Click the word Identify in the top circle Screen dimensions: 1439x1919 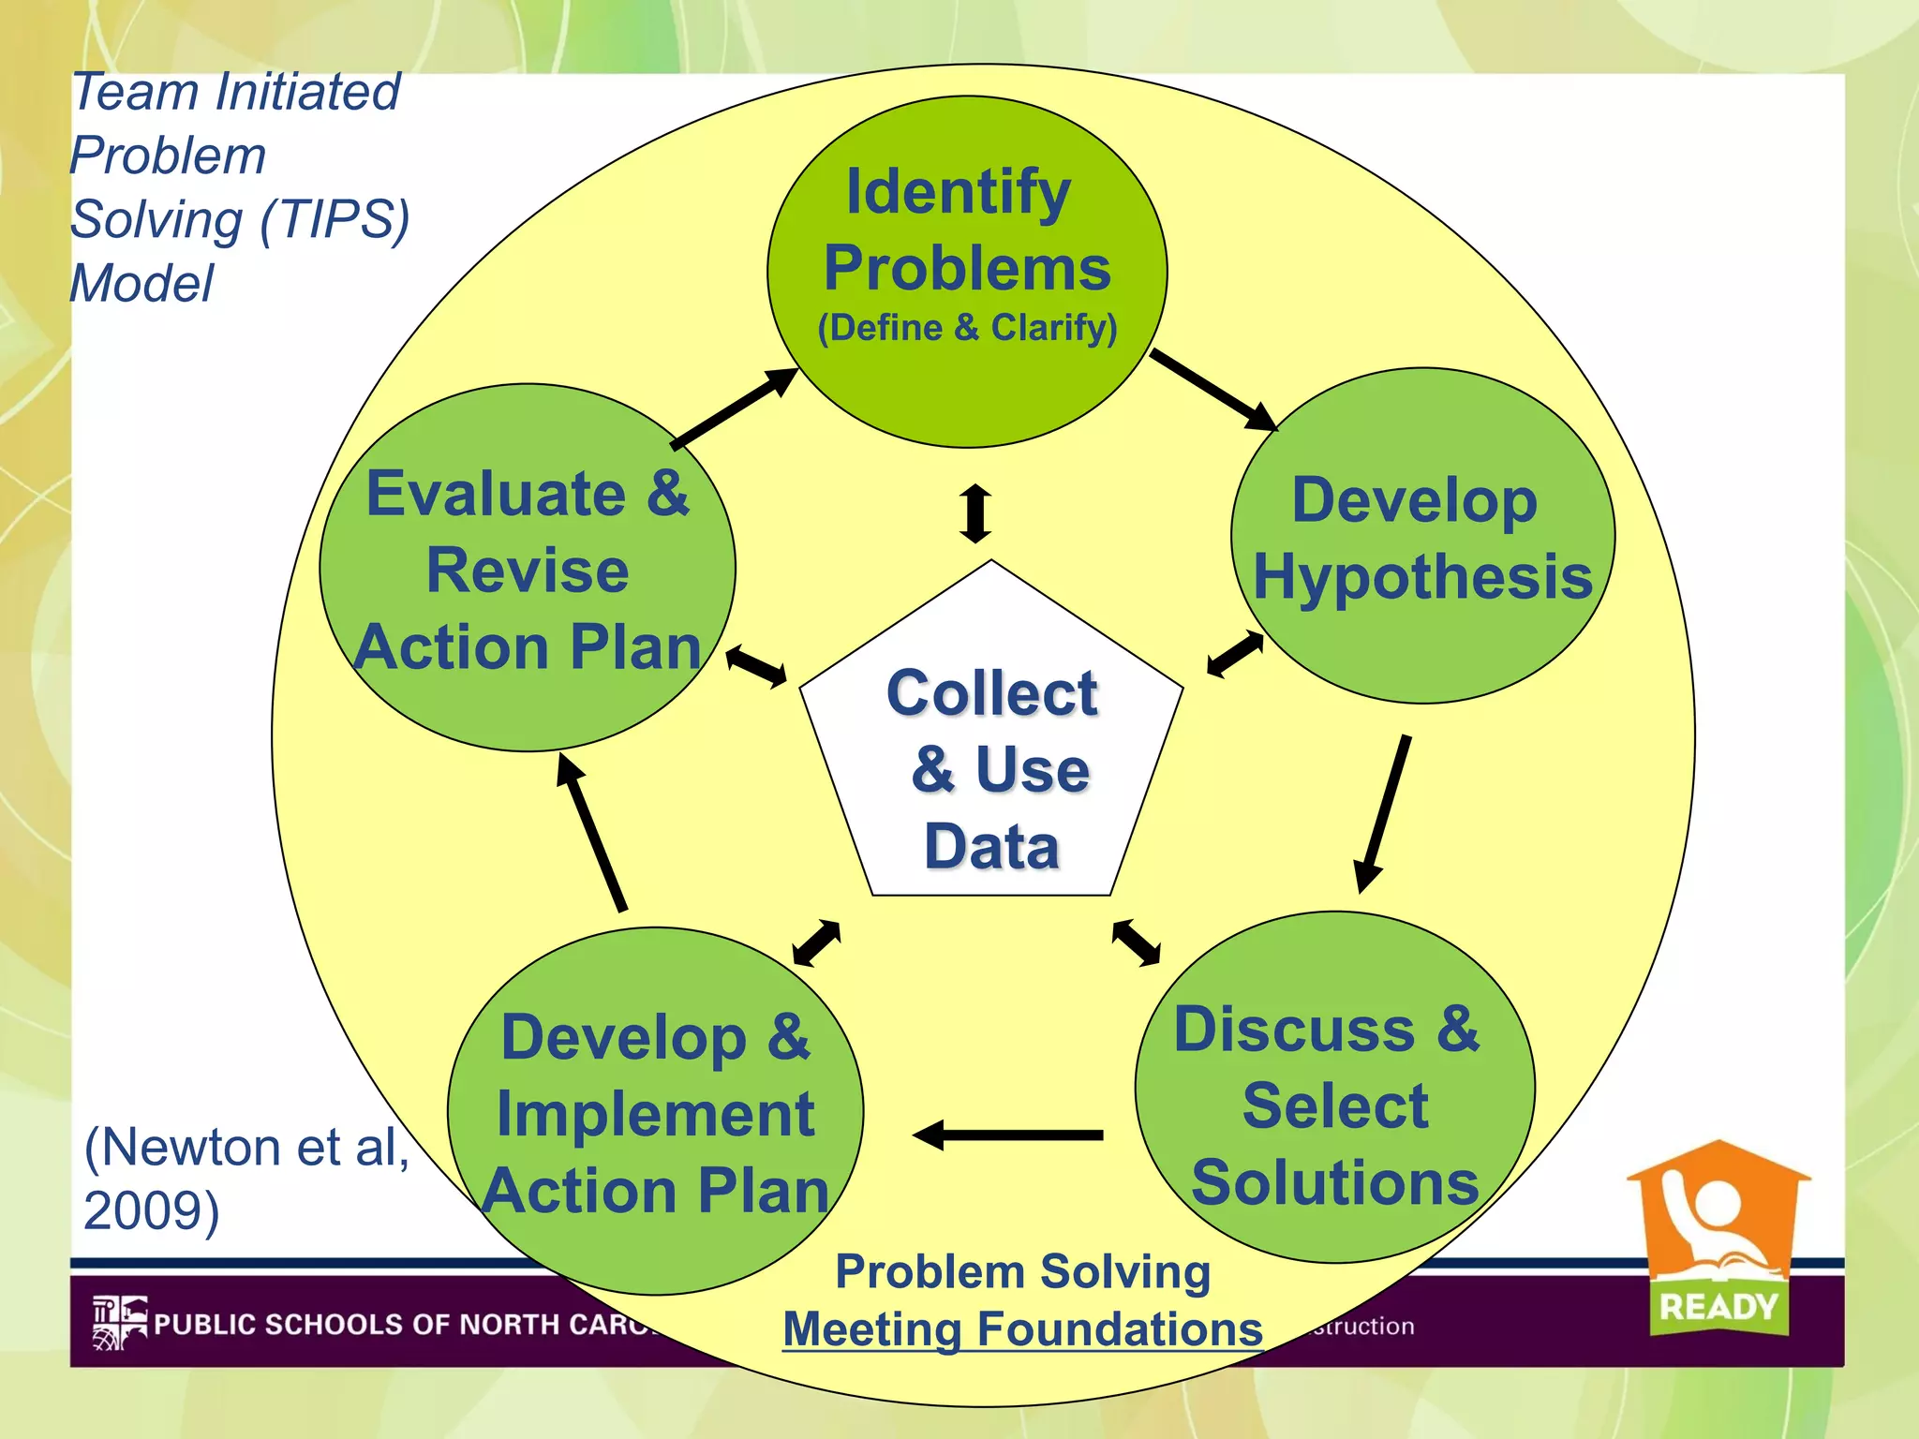coord(958,192)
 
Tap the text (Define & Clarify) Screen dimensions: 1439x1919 coord(967,328)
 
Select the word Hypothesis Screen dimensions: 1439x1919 coord(1422,577)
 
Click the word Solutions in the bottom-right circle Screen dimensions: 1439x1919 coord(1334,1182)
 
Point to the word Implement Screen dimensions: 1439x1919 coord(655,1115)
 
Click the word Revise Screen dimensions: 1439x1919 coord(528,571)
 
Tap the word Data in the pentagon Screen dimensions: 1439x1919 coord(991,846)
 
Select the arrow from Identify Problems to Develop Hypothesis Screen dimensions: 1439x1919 coord(1212,389)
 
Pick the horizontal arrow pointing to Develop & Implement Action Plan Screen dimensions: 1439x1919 coord(1007,1135)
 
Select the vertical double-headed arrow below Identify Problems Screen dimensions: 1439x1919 coord(975,512)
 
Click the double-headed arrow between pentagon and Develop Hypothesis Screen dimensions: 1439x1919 coord(1235,654)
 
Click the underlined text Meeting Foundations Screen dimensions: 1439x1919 coord(1022,1328)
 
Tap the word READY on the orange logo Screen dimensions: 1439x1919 coord(1718,1306)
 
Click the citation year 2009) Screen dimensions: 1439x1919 coord(152,1210)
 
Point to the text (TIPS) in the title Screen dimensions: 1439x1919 coord(335,219)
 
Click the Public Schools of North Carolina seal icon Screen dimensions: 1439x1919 coord(119,1322)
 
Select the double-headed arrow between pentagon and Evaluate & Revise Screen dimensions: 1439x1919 coord(756,666)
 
